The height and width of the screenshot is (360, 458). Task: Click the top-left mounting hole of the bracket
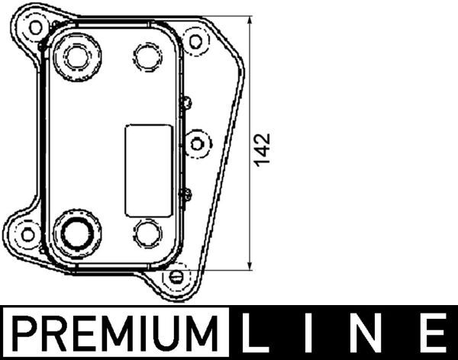tap(35, 27)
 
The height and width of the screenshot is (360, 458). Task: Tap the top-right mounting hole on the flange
tap(196, 40)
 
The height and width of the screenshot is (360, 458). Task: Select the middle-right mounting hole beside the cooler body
tap(197, 143)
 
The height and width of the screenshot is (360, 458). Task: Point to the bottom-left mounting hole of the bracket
tap(27, 233)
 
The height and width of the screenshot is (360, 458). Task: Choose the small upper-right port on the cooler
tap(147, 55)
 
